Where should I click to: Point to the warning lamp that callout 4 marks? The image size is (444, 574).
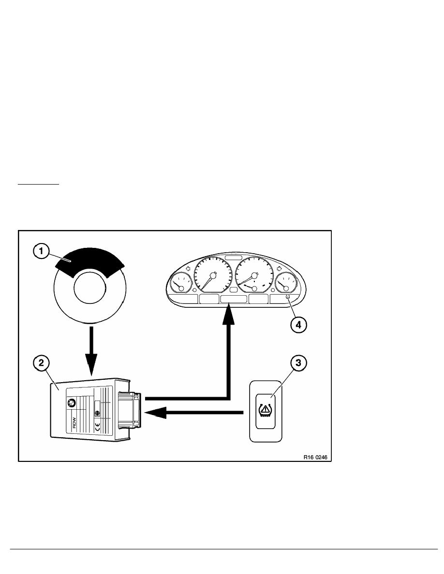coord(288,297)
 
